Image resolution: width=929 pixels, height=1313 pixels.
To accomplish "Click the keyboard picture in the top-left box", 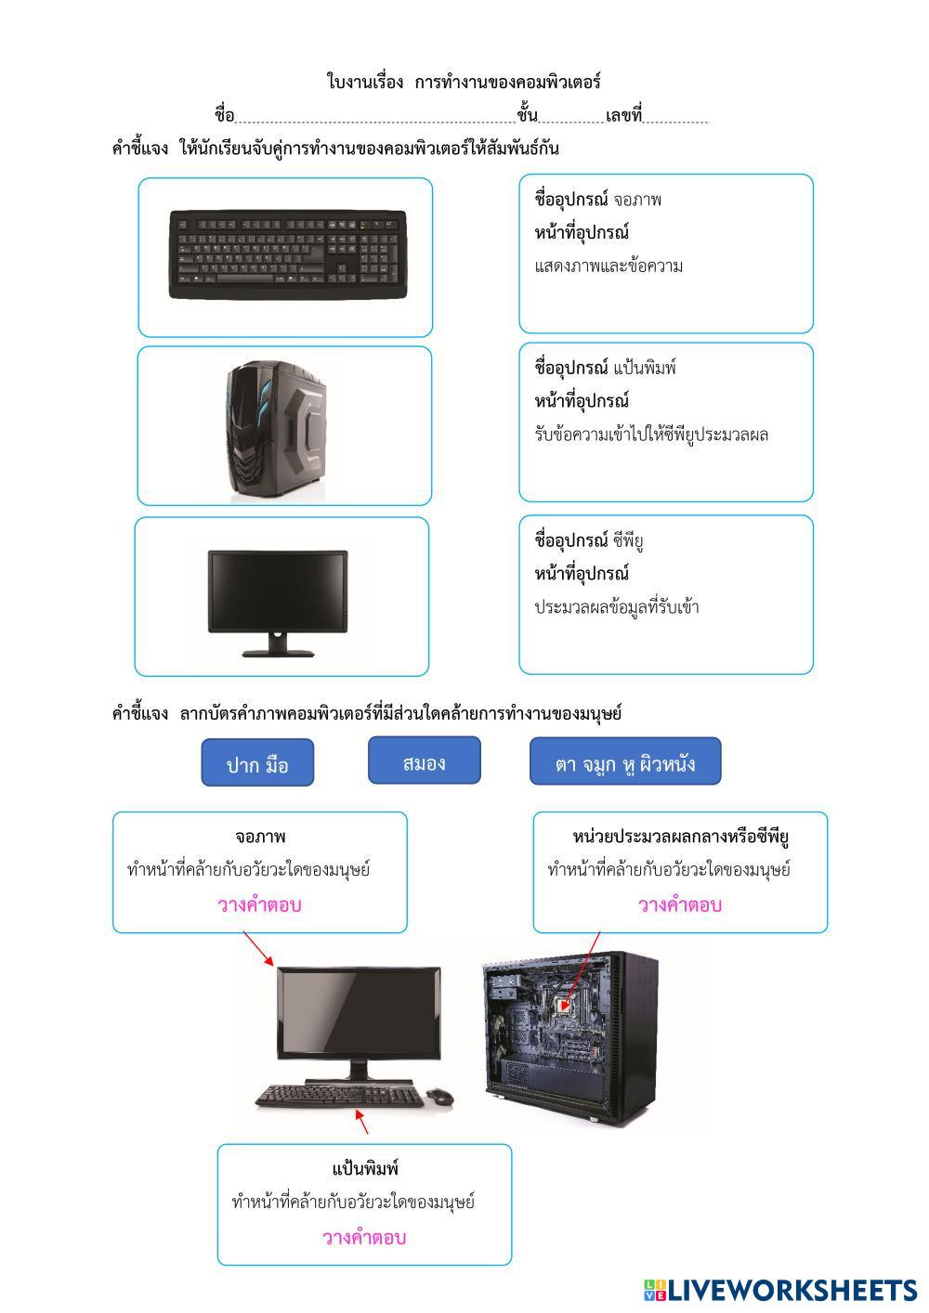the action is click(288, 253).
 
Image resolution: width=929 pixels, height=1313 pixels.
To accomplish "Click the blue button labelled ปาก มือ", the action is click(257, 763).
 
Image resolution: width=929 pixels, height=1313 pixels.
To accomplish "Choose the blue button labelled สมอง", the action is click(425, 761).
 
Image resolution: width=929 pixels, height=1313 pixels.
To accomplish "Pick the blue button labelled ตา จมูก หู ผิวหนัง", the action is click(625, 762).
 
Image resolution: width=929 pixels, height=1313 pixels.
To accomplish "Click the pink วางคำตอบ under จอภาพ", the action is click(260, 904).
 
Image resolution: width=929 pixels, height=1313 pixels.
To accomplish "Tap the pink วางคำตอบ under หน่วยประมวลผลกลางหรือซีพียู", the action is click(680, 904).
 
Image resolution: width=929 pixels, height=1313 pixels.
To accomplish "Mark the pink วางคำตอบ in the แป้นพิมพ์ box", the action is click(364, 1237).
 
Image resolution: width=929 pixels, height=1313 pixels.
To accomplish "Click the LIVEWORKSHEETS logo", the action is click(780, 1290).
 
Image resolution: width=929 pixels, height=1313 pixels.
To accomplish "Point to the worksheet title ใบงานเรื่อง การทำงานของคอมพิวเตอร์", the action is click(464, 82).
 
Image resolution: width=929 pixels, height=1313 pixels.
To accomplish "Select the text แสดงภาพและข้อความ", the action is click(609, 266).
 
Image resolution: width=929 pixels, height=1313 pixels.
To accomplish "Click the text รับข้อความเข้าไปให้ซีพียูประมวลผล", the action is click(651, 435).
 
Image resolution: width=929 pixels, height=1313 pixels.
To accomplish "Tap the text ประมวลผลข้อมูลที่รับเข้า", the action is click(617, 607).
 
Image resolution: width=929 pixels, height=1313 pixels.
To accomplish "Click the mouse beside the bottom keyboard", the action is click(440, 1097).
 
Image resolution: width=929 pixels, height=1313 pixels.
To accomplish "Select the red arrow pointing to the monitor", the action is click(259, 950).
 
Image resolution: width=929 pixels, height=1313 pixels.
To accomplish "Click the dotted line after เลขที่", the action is click(676, 118).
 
